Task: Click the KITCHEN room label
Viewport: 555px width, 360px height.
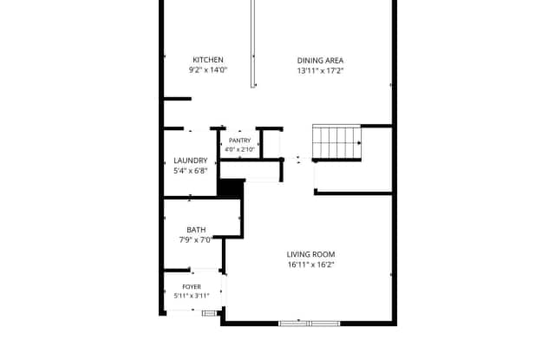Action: pos(208,60)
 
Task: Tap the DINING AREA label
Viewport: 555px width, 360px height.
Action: pos(320,61)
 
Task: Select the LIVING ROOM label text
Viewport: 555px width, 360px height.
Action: pos(310,254)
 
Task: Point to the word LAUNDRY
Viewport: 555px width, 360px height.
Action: pos(191,160)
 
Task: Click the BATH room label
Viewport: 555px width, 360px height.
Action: pos(196,230)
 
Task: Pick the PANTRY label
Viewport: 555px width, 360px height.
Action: pos(239,141)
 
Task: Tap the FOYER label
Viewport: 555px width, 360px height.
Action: pos(192,287)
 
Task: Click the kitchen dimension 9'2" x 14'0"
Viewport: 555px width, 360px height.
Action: pos(208,69)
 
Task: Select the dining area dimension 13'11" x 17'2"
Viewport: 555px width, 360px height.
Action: pos(320,70)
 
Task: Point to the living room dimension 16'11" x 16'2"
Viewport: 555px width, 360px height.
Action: pos(310,265)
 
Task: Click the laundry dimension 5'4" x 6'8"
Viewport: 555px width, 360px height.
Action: pos(191,171)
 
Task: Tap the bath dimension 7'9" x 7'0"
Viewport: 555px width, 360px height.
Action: pos(196,240)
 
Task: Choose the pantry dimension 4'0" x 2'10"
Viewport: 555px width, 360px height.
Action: pos(239,149)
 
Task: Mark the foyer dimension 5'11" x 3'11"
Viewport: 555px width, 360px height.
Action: pos(192,296)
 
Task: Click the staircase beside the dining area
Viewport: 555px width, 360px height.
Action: pos(336,141)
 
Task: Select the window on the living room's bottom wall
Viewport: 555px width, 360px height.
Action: pos(310,324)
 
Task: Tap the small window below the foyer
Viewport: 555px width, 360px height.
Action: pos(209,313)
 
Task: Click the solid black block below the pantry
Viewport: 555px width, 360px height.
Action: pos(231,188)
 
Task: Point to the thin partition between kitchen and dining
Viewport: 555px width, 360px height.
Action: pos(252,43)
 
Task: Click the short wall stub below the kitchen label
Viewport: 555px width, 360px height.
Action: pos(177,99)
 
